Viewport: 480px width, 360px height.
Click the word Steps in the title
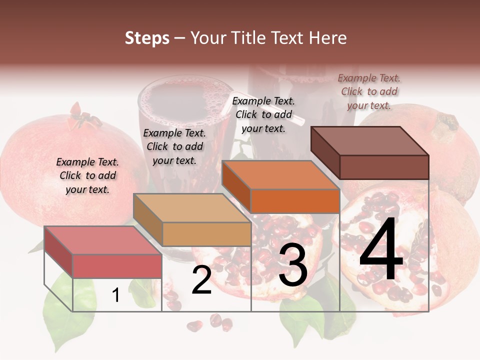coord(147,38)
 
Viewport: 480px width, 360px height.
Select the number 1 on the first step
coord(116,295)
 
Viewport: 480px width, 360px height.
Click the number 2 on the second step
coord(201,280)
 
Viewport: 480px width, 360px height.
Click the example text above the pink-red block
coord(87,175)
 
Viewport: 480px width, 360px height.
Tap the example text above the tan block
coord(174,146)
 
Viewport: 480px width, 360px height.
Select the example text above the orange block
coord(263,114)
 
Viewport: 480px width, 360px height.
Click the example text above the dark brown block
coord(369,91)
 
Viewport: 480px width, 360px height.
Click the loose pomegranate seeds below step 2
coord(210,322)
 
